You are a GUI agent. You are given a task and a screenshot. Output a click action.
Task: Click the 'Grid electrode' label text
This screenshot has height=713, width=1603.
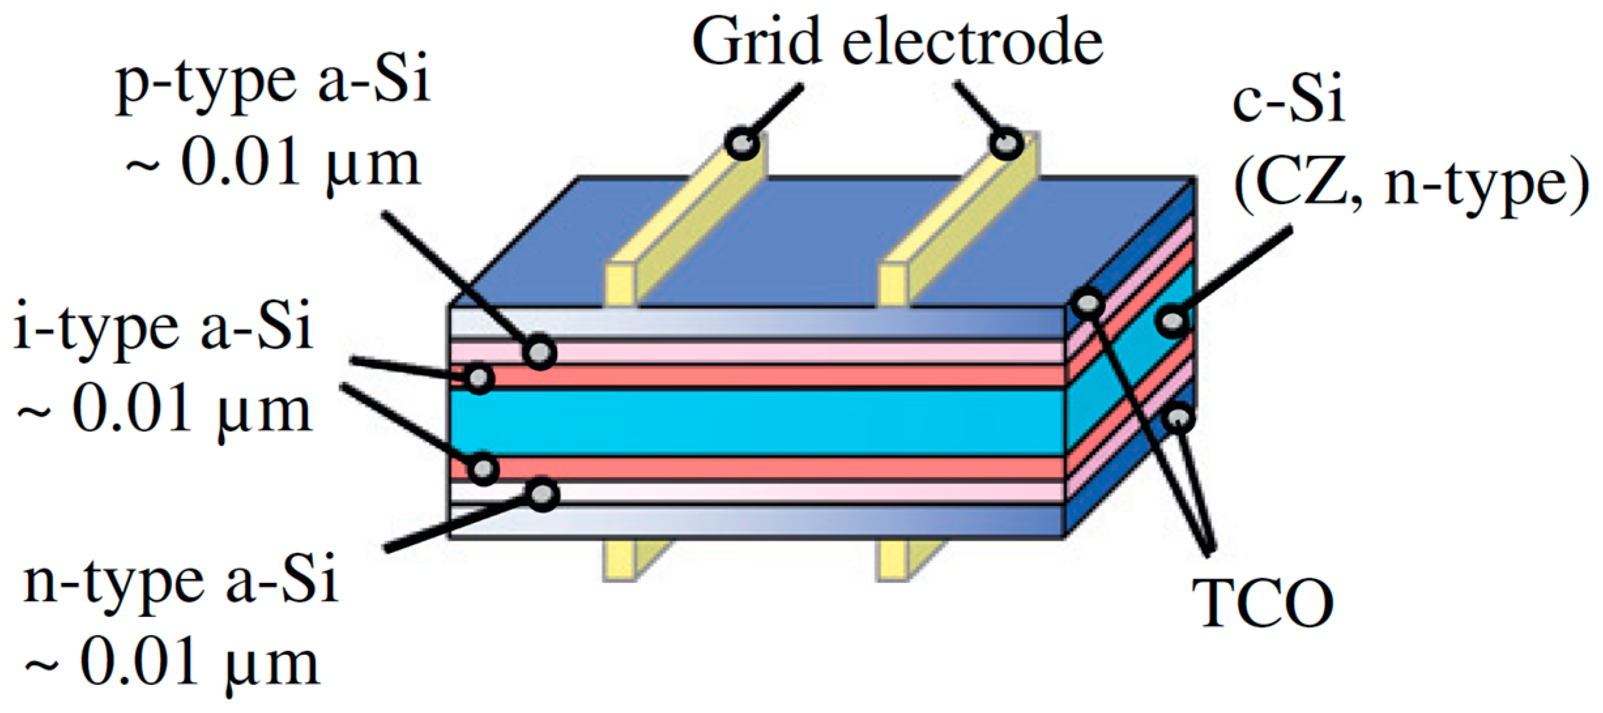click(897, 43)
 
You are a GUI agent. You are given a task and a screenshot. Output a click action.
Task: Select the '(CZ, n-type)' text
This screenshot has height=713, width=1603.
click(1410, 187)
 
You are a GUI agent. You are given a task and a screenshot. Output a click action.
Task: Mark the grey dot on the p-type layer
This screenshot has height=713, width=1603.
click(540, 353)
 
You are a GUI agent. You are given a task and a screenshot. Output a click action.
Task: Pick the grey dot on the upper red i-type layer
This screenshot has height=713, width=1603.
click(480, 377)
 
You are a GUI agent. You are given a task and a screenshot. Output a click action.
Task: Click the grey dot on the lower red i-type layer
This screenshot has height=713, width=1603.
click(484, 468)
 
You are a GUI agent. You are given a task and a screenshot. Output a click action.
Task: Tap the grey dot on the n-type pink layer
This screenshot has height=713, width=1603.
click(543, 494)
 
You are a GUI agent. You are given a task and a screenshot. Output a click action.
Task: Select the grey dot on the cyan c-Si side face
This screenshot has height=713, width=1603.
click(1173, 321)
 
